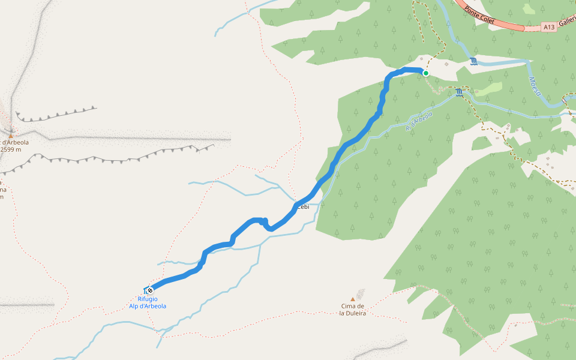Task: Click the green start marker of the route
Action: (x=426, y=73)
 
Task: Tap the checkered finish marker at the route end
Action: (x=150, y=290)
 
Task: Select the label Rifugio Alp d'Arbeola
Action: (x=148, y=302)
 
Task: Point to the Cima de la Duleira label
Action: (x=352, y=310)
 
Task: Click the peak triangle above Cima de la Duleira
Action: (x=353, y=299)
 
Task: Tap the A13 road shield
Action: (x=548, y=27)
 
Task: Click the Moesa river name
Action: (x=535, y=86)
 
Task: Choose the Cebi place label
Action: (x=303, y=207)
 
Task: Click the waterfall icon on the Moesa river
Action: (x=474, y=62)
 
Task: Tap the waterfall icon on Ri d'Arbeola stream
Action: (x=460, y=92)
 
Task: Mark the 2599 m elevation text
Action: (x=11, y=149)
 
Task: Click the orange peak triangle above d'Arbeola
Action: (x=10, y=136)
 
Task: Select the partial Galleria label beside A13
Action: (x=566, y=23)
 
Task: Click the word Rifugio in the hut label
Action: (x=148, y=299)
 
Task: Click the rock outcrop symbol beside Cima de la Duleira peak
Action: (x=360, y=294)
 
